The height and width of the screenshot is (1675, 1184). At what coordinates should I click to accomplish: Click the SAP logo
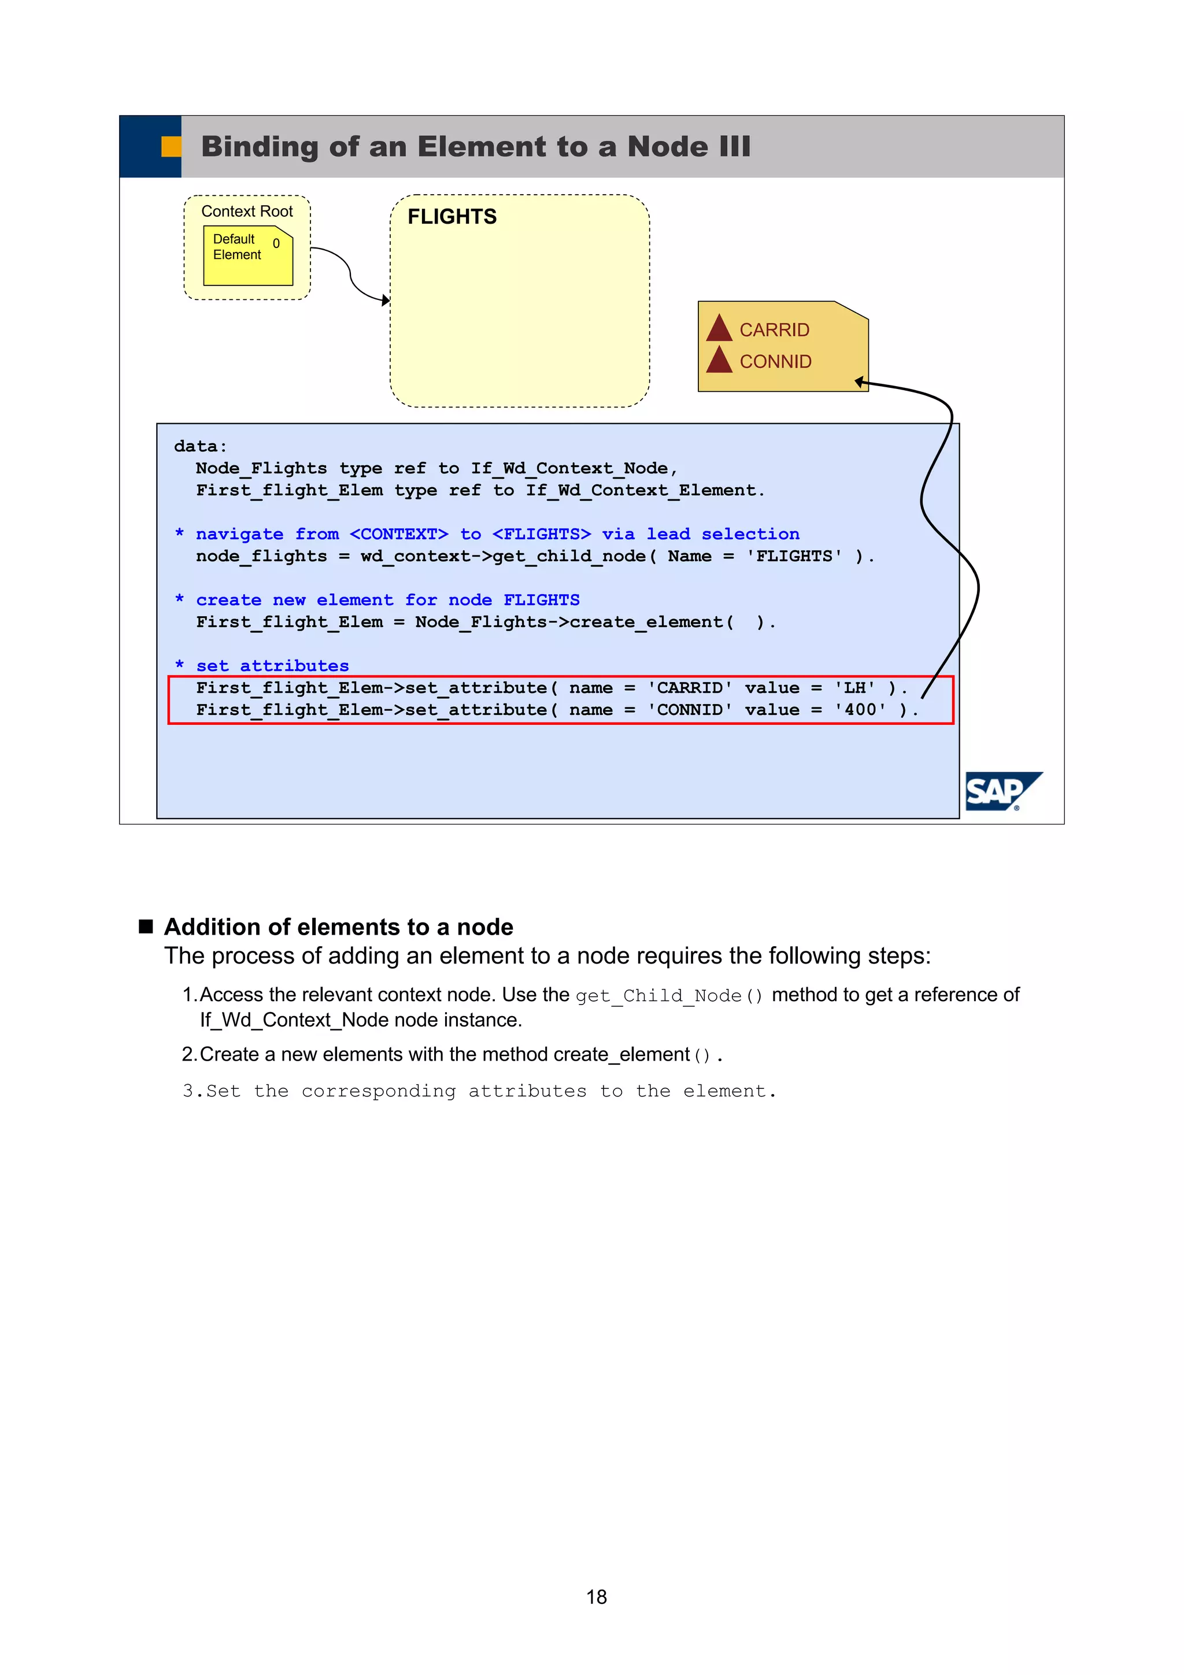tap(1002, 791)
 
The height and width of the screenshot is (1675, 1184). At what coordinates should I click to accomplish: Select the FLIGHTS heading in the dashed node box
tap(452, 217)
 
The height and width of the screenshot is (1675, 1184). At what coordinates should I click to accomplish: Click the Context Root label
tap(247, 212)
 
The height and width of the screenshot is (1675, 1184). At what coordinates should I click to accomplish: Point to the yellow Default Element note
tap(247, 256)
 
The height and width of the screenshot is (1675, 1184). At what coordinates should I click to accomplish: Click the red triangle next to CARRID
tap(719, 328)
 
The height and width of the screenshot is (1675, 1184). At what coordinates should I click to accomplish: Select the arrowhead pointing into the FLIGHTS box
tap(386, 300)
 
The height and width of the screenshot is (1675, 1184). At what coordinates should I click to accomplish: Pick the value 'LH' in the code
tap(854, 688)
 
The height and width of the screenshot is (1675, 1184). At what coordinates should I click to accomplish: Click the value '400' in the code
tap(860, 710)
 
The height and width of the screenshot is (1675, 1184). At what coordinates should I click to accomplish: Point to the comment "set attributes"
tap(272, 666)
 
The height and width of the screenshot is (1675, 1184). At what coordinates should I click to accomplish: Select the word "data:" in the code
tap(201, 446)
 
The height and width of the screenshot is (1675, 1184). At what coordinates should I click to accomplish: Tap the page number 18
tap(596, 1597)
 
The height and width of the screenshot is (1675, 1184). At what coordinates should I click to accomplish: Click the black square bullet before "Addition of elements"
tap(146, 927)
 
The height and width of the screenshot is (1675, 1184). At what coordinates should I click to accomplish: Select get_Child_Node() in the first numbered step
tap(669, 996)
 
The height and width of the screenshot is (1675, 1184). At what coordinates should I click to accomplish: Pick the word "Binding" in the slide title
tap(260, 147)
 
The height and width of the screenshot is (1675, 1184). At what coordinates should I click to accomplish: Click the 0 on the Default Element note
tap(276, 244)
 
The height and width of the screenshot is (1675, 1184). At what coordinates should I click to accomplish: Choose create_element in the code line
tap(646, 622)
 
